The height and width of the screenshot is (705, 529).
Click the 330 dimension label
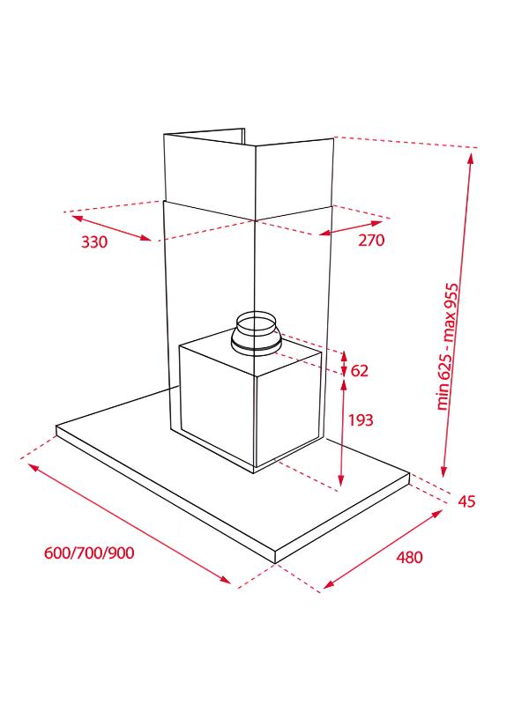click(94, 241)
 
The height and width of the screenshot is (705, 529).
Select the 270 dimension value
click(371, 240)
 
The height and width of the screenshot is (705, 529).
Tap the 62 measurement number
click(360, 370)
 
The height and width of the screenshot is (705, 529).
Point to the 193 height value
click(361, 420)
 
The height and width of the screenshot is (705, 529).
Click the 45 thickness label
click(466, 501)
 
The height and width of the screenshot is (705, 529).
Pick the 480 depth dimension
click(409, 557)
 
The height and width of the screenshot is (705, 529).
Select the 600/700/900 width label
click(89, 553)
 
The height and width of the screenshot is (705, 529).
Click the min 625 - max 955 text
click(447, 346)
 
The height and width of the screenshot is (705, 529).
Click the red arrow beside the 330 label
click(112, 228)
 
